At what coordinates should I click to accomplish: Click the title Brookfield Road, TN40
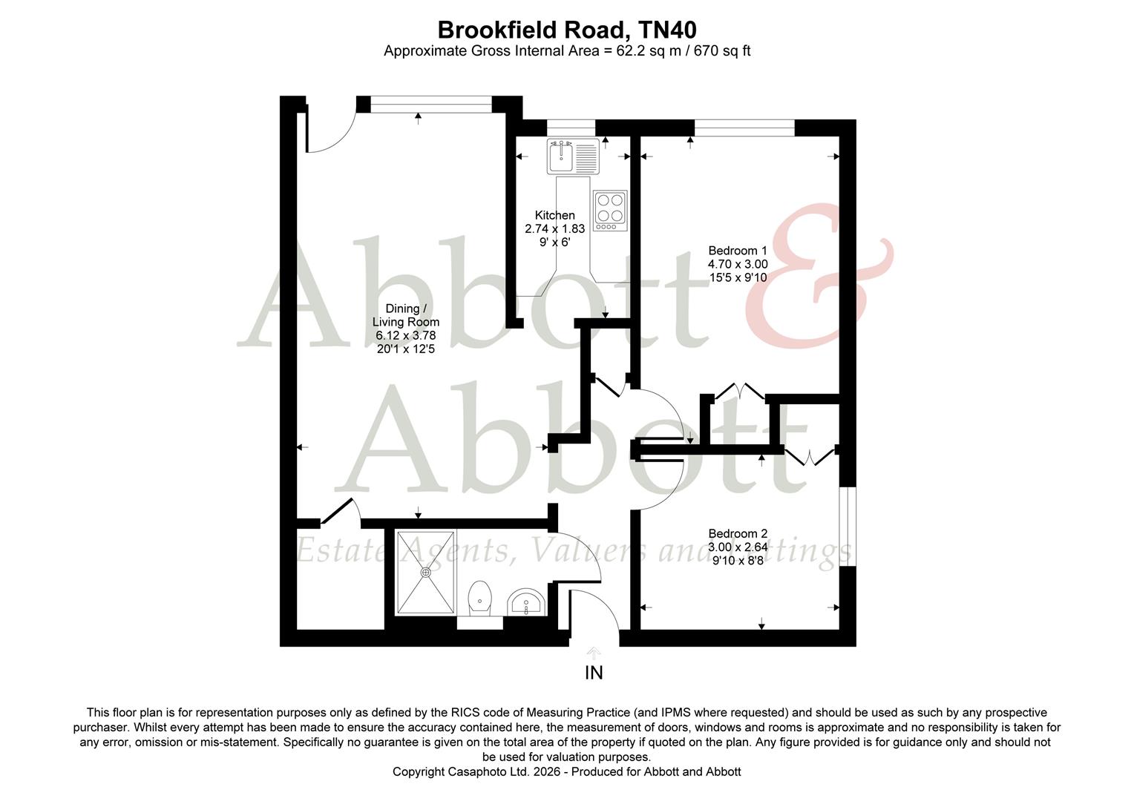click(x=566, y=30)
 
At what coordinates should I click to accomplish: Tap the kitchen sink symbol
click(x=572, y=156)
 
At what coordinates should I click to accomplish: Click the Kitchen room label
click(x=554, y=215)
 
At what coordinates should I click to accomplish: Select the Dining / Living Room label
click(x=405, y=315)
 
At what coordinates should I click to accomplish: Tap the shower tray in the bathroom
click(x=425, y=572)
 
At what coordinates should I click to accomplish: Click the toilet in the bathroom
click(x=481, y=598)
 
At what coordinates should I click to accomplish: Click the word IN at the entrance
click(x=594, y=673)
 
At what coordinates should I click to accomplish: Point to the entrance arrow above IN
click(x=594, y=653)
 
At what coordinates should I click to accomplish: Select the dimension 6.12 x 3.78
click(x=405, y=335)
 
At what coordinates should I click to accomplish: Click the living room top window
click(x=431, y=105)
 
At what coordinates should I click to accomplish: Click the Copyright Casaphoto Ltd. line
click(x=566, y=771)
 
